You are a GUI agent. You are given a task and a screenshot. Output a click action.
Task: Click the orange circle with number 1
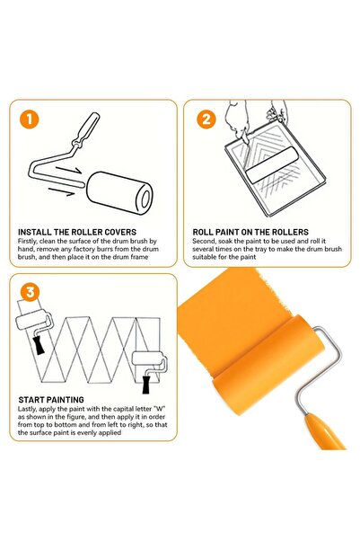click(31, 119)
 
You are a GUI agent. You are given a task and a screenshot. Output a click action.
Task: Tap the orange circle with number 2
click(206, 119)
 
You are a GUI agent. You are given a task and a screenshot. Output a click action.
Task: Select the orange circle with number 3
click(31, 292)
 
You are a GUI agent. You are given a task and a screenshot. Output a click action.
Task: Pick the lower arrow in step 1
click(60, 190)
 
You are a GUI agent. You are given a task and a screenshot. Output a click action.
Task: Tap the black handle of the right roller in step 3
click(146, 384)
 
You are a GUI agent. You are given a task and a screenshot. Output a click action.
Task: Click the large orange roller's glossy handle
click(329, 429)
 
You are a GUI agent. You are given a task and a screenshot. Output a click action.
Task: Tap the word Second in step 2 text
click(206, 242)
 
